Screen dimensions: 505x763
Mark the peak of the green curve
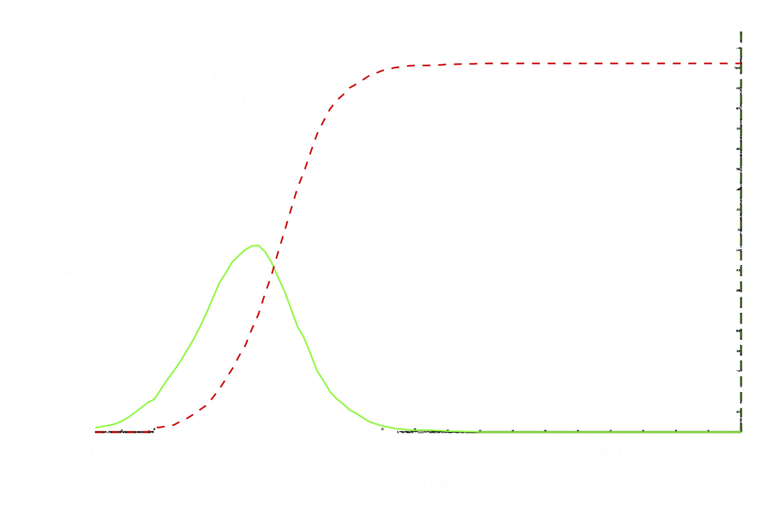(x=256, y=246)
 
